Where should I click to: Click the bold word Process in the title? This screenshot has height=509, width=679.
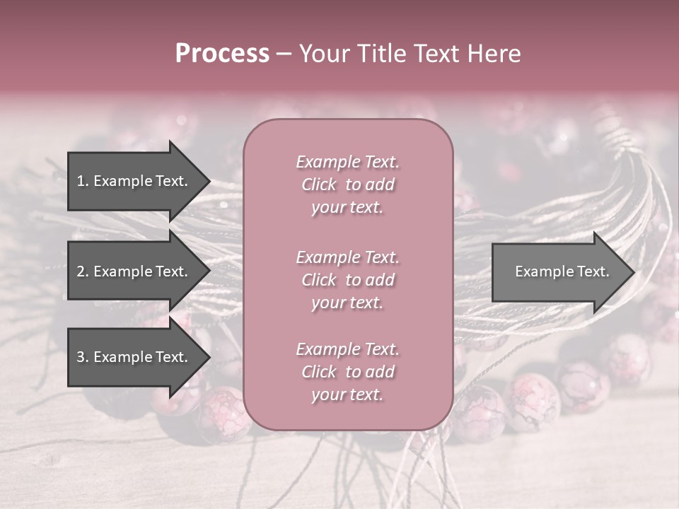pos(222,54)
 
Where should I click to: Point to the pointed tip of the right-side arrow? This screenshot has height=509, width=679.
pos(633,272)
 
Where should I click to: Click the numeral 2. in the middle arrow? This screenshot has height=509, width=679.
pos(83,271)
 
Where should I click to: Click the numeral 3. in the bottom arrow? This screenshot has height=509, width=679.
pos(83,357)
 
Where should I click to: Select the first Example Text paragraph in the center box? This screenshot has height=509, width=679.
pos(347,185)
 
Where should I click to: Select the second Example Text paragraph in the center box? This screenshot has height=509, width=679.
pos(347,280)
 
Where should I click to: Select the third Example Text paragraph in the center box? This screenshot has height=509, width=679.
pos(347,372)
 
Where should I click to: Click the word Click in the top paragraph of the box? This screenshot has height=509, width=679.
pos(319,185)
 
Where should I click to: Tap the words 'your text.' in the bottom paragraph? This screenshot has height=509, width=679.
pos(347,394)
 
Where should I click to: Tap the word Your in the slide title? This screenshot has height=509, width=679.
pos(322,54)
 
